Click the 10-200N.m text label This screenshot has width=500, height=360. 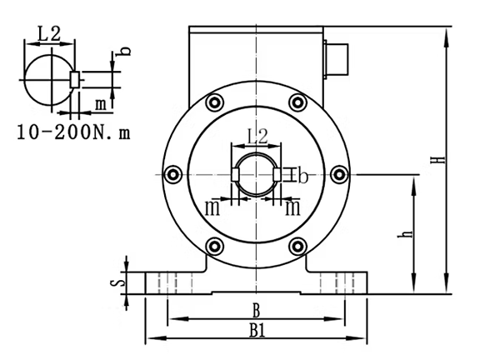pos(73,132)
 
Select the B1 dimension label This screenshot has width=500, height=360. pos(257,331)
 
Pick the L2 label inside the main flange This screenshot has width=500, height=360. pos(257,136)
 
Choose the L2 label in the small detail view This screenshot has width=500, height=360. pos(49,34)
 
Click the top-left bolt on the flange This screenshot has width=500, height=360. pos(215,102)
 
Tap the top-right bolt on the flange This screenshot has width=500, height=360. pos(297,102)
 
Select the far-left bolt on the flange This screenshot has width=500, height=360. pos(173,174)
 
